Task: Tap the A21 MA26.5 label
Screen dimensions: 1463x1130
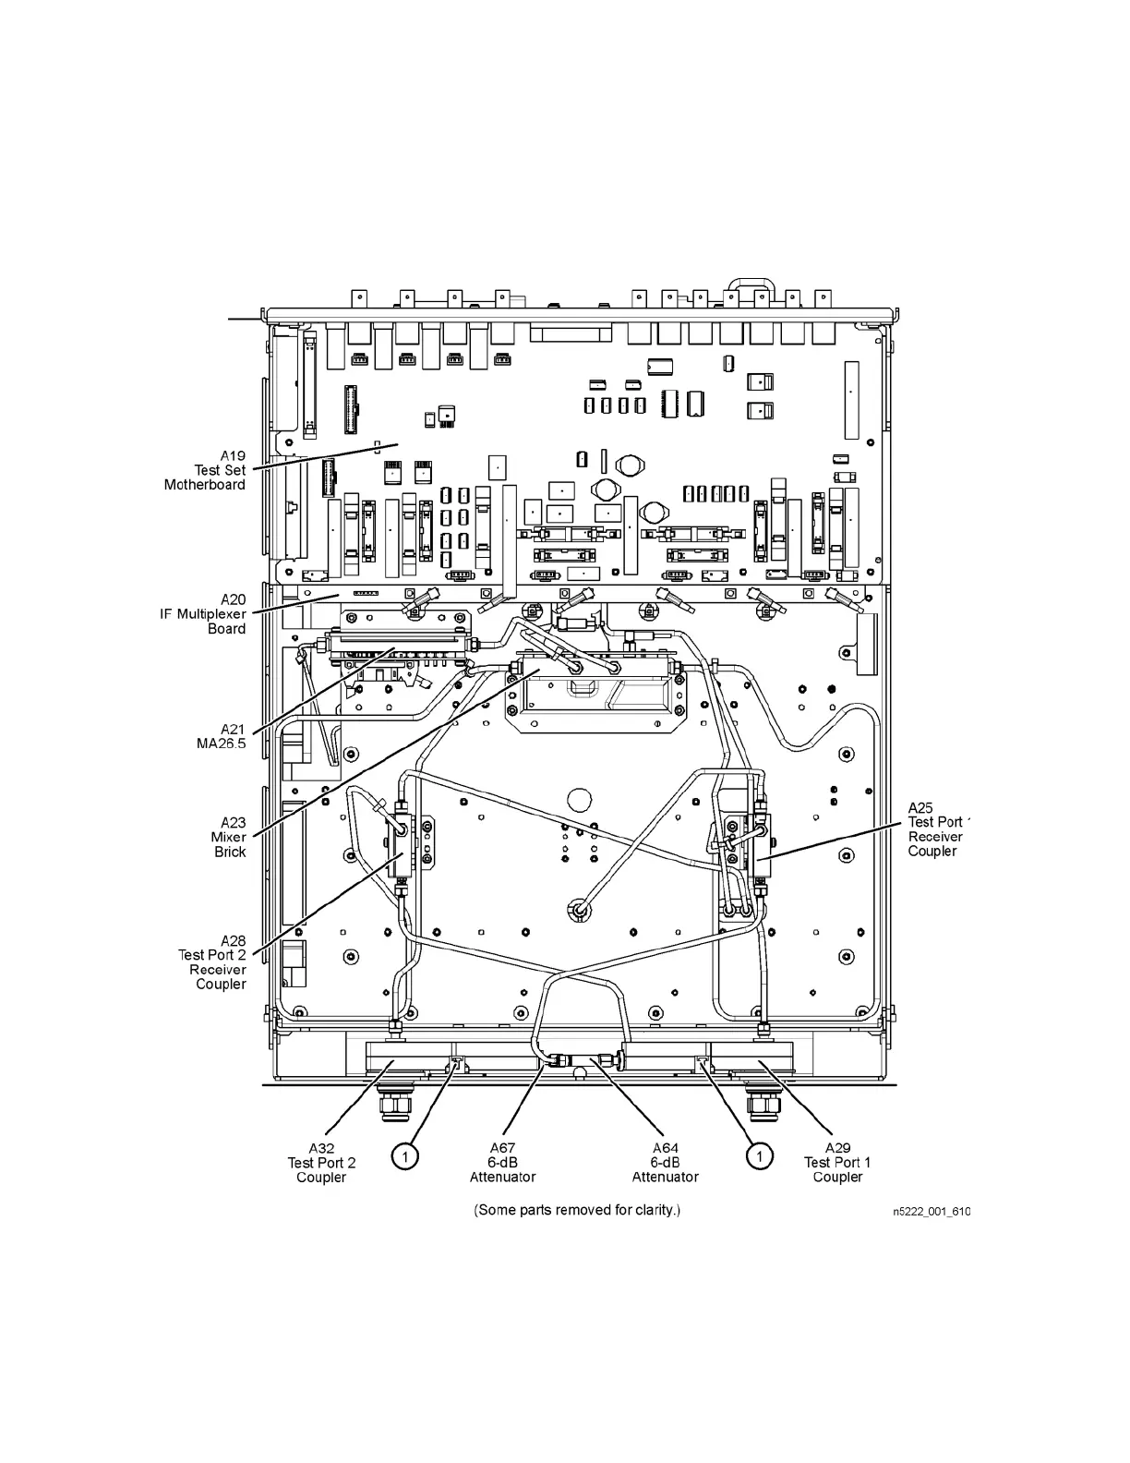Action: pos(222,736)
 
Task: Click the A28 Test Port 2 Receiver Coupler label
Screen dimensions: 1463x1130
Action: pos(213,962)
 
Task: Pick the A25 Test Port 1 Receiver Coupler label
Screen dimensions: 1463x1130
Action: pos(936,829)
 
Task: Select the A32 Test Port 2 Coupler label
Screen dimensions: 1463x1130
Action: pos(321,1163)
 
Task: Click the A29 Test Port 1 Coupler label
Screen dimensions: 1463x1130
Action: pos(837,1163)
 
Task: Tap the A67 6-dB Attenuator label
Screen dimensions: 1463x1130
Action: pos(502,1163)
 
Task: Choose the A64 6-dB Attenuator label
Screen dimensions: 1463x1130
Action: pos(665,1163)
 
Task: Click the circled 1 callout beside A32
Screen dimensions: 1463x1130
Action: pos(403,1155)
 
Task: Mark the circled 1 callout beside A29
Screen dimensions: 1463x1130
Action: pos(759,1155)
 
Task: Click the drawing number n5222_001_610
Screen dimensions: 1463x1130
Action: pos(931,1212)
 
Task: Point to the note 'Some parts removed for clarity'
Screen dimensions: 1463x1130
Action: pos(577,1210)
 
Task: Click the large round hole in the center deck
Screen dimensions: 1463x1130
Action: pos(579,800)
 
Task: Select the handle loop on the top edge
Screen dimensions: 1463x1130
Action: pos(747,282)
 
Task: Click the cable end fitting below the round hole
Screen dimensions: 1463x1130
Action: pos(578,910)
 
